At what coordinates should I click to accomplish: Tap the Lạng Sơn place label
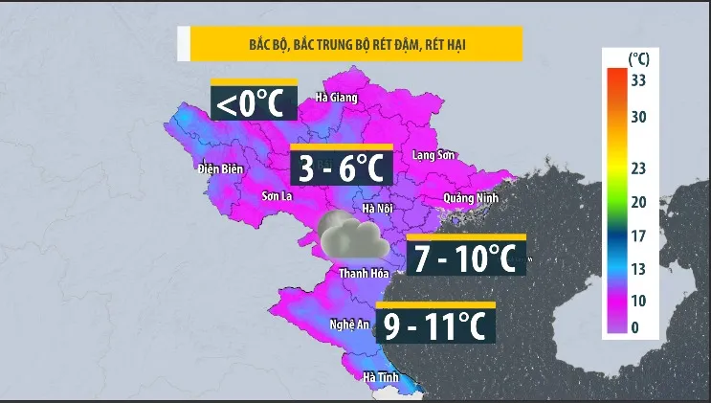(432, 155)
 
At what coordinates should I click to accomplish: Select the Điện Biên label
(221, 169)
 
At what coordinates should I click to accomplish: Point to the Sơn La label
(276, 196)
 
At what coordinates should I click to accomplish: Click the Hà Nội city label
(378, 208)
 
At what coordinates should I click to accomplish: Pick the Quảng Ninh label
(471, 198)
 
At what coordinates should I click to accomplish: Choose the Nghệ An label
(350, 324)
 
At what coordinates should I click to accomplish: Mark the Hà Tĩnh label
(381, 378)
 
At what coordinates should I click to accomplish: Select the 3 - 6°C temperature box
(343, 168)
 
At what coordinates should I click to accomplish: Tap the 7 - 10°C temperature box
(466, 257)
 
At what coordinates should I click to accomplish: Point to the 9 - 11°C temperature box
(435, 325)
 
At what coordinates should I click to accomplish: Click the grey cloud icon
(352, 237)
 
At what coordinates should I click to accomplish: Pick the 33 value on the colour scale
(639, 80)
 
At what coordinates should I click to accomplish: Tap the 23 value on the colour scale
(638, 168)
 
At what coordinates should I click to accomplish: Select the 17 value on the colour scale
(638, 235)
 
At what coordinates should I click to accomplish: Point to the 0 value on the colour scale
(635, 327)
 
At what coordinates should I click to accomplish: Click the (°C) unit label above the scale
(638, 59)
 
